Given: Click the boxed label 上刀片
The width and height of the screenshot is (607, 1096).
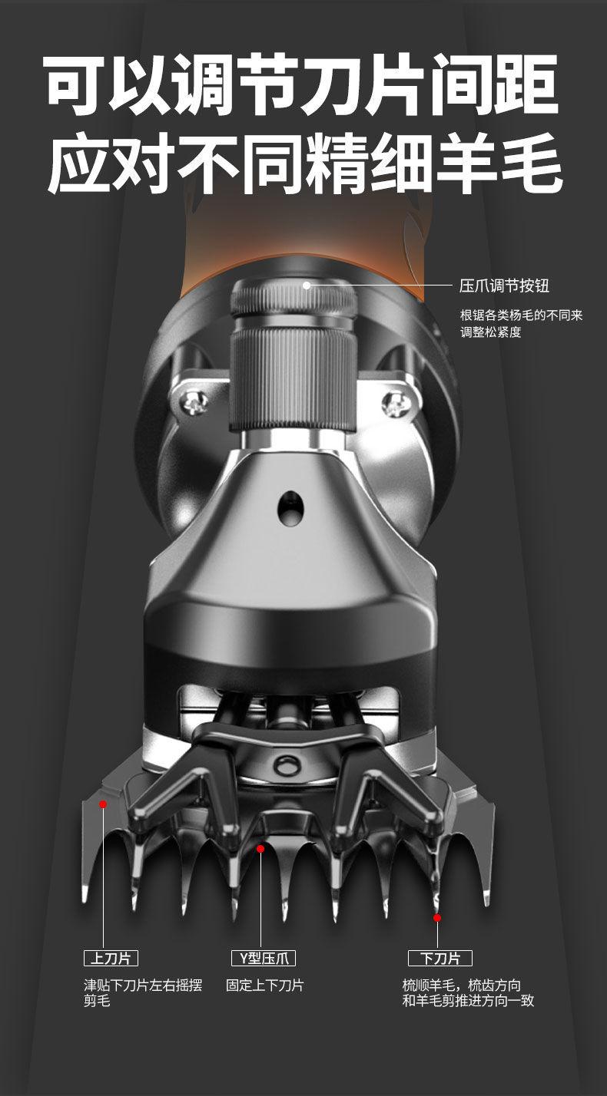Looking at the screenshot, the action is tap(111, 958).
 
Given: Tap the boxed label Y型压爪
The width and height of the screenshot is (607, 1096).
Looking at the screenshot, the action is tap(264, 958).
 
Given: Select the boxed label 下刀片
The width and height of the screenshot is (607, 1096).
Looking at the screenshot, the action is tap(440, 958).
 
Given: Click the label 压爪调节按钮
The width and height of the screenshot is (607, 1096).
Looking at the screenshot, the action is tap(504, 286).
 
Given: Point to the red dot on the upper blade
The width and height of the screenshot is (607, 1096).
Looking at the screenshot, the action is tap(103, 804).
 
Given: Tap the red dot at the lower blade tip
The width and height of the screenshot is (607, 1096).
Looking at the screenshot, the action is tap(437, 918).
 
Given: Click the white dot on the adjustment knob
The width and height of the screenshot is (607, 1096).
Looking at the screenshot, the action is tap(307, 285).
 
